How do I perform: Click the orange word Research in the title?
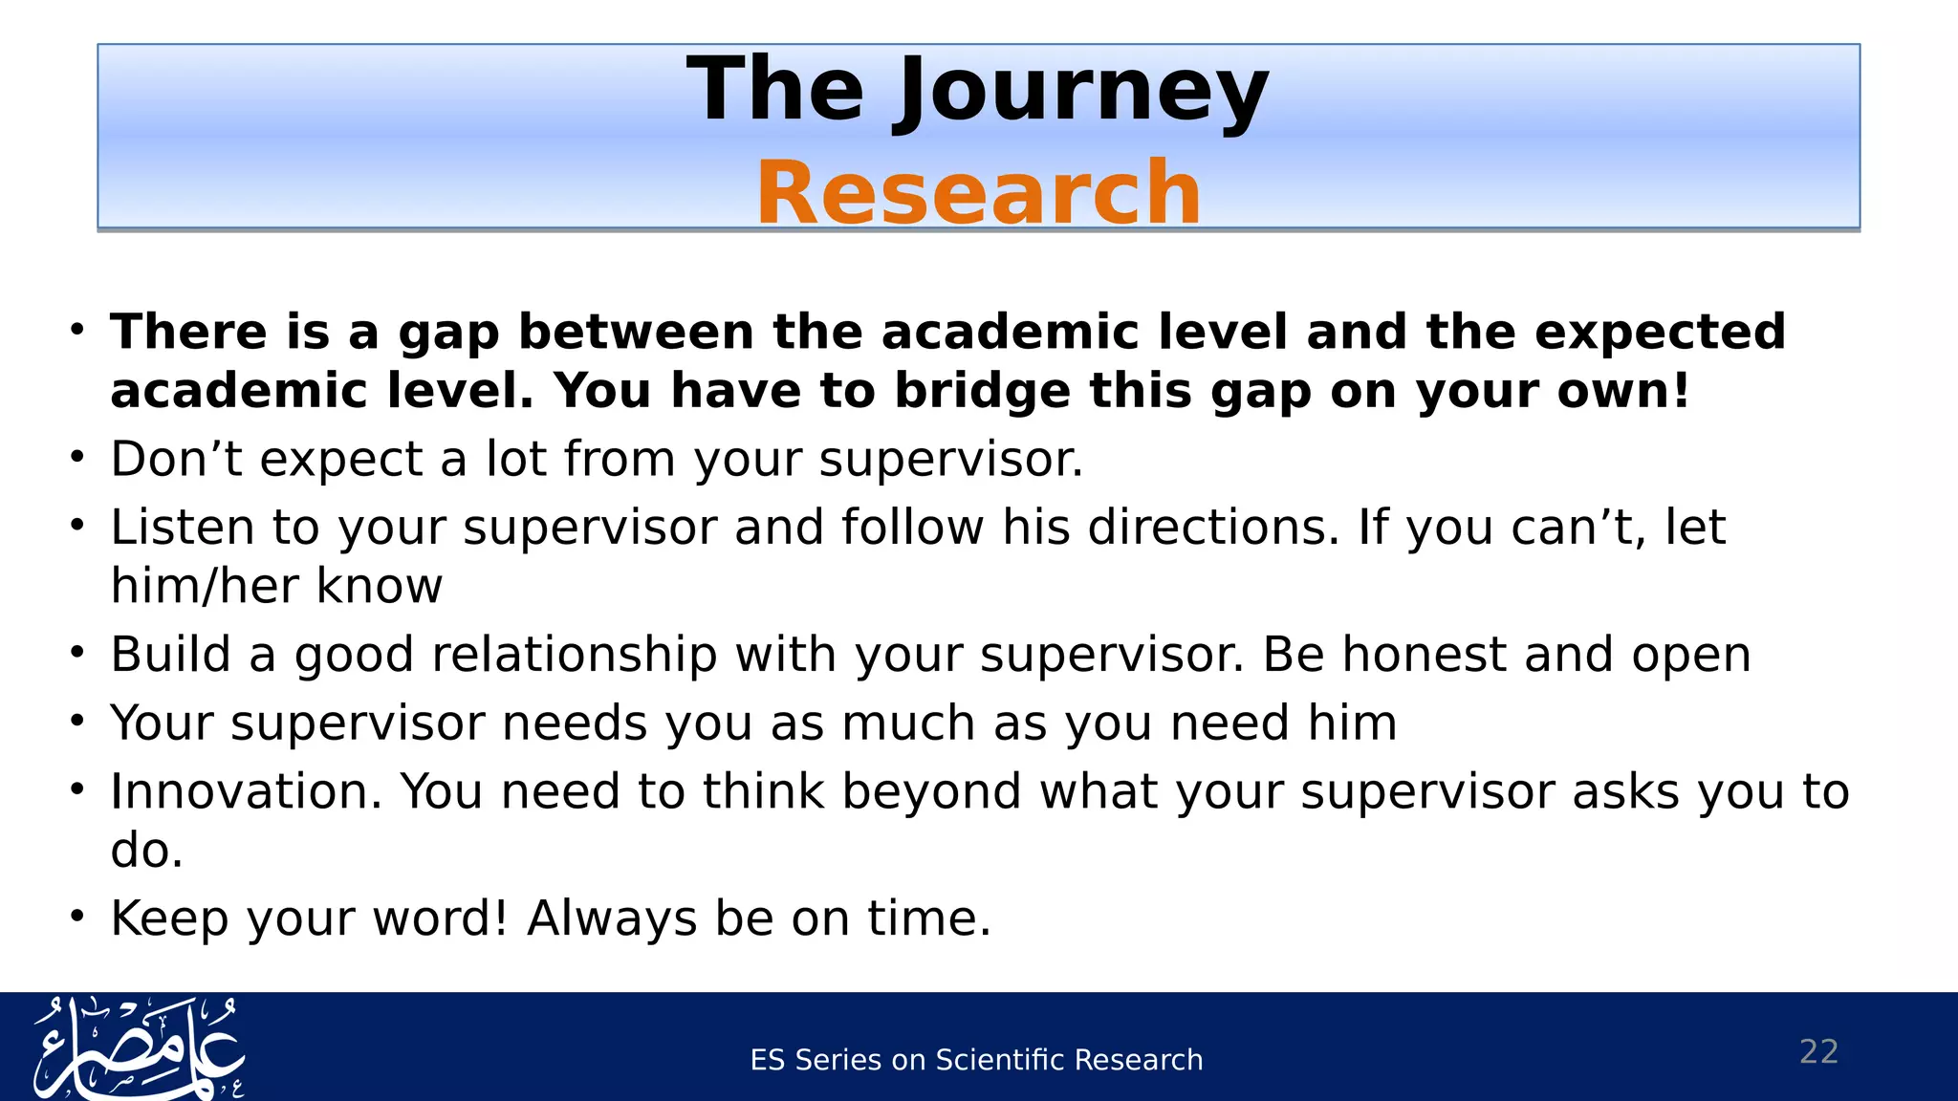(x=978, y=193)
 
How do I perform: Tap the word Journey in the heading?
(x=1080, y=91)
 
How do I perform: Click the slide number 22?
(x=1818, y=1051)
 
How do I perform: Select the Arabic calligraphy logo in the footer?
(x=139, y=1048)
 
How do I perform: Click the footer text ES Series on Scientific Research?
(x=976, y=1060)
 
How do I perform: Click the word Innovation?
(x=246, y=791)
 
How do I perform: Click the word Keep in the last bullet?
(x=169, y=918)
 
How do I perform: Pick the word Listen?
(x=183, y=528)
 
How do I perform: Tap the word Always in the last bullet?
(x=612, y=918)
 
